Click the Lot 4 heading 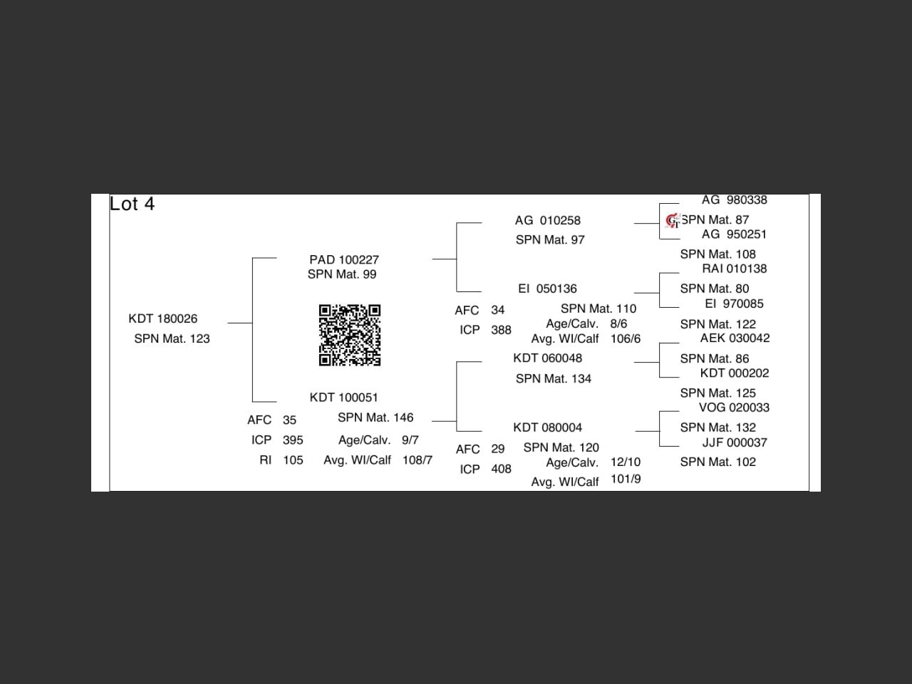(132, 204)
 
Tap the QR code (349, 335)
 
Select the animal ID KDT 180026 (163, 318)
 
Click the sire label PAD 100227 (344, 259)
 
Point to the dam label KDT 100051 (344, 397)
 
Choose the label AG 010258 (548, 220)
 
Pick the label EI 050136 (547, 289)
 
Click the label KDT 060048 (547, 358)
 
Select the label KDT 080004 (547, 427)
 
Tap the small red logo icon (672, 221)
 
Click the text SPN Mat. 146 (375, 418)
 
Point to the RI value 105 (293, 460)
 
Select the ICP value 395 (293, 440)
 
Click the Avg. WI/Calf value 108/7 (418, 460)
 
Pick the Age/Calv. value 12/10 (626, 462)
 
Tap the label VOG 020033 (734, 408)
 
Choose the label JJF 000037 (735, 442)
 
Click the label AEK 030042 (735, 338)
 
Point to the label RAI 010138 (735, 269)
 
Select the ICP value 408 (501, 470)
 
